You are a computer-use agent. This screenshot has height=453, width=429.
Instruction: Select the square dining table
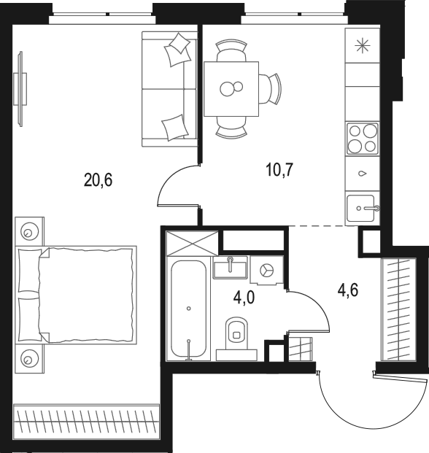tap(231, 88)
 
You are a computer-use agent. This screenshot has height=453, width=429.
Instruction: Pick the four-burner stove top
tap(363, 138)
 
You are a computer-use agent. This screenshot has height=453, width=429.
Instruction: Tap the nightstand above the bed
tap(29, 231)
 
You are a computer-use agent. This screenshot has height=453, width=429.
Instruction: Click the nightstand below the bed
tap(29, 358)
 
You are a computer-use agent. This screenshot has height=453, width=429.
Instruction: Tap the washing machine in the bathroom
tap(266, 269)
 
